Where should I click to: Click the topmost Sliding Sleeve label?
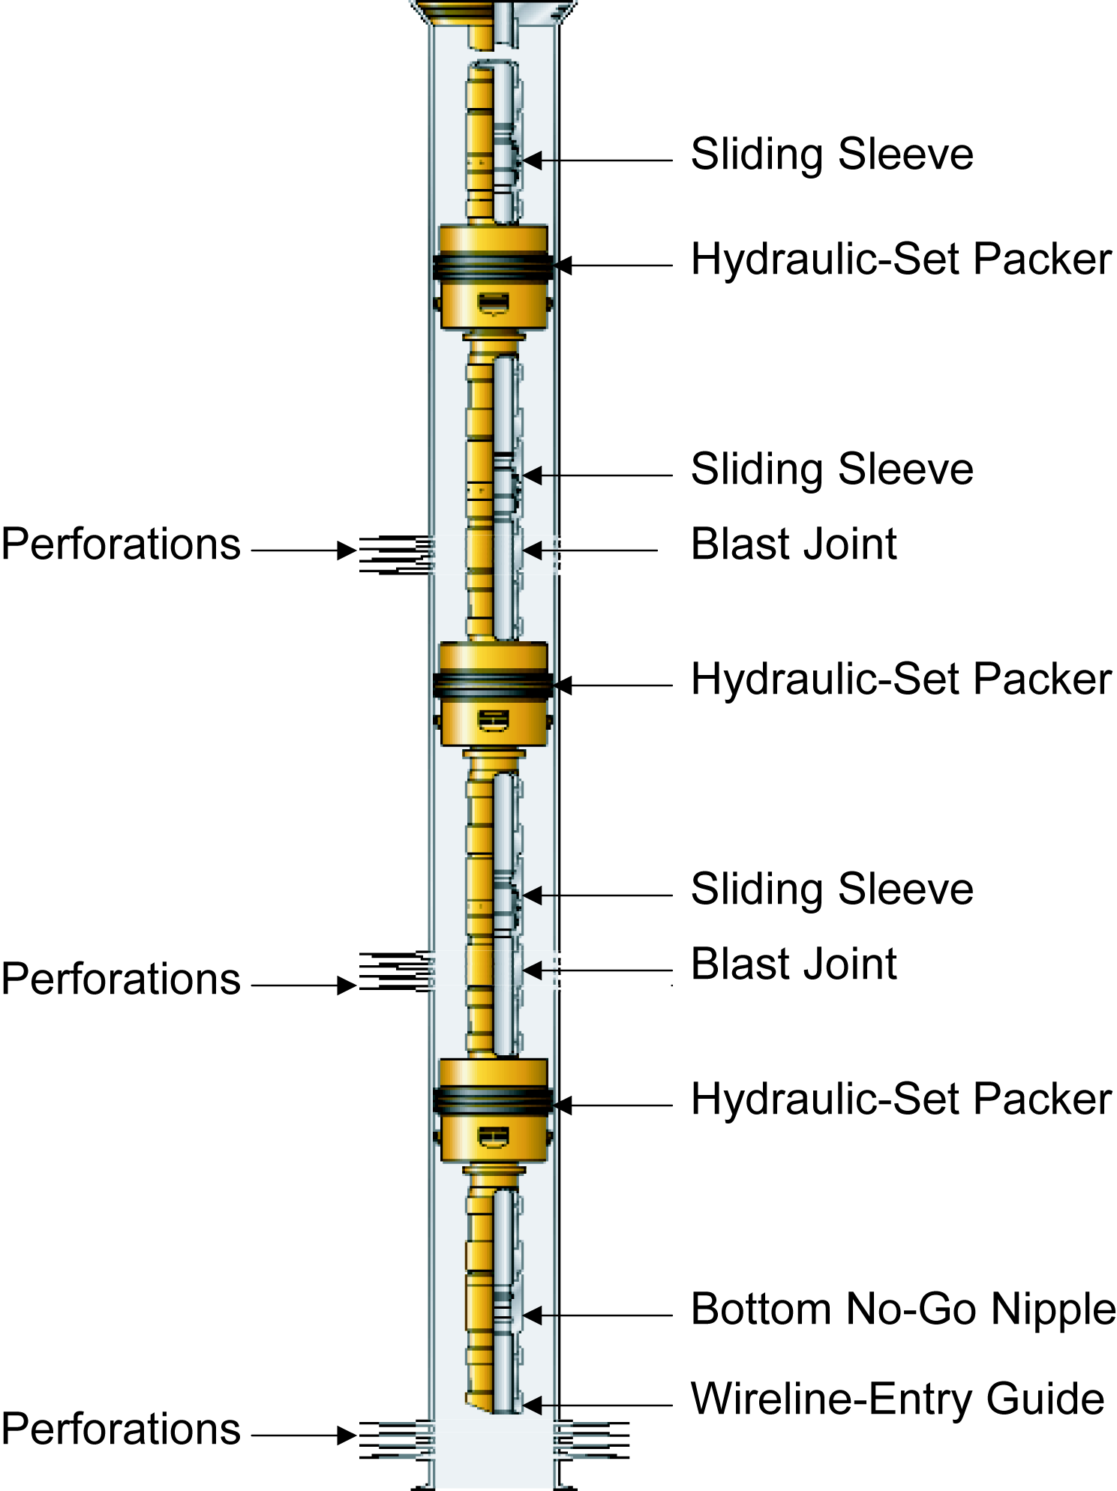pos(831,154)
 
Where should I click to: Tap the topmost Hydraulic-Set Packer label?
pos(900,259)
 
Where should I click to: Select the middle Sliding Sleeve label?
pos(831,469)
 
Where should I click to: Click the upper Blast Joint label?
pos(793,544)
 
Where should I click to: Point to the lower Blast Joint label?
pos(793,964)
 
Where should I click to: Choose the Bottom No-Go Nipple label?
pos(902,1309)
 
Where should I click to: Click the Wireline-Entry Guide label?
pos(897,1399)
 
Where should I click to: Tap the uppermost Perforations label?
pos(121,544)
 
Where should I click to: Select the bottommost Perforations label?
pos(121,1429)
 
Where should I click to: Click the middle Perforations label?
pos(121,979)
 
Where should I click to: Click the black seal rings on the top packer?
pos(492,266)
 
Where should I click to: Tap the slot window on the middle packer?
pos(493,721)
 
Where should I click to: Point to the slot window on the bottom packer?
pos(493,1138)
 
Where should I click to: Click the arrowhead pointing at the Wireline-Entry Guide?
pos(533,1405)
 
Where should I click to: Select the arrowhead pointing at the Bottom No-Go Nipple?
pos(533,1315)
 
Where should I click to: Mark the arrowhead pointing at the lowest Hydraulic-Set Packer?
pos(563,1105)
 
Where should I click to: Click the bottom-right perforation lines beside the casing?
pos(593,1438)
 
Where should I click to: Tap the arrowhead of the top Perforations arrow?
pos(347,550)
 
